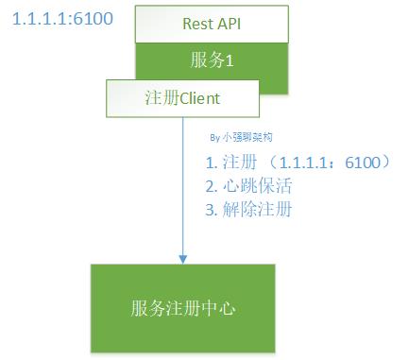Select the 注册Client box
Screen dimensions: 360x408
(x=180, y=96)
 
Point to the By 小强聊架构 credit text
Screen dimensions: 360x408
(x=242, y=138)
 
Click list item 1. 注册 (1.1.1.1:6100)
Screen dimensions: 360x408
(x=292, y=162)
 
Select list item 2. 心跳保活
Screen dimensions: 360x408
(x=247, y=185)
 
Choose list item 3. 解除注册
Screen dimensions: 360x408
(x=247, y=209)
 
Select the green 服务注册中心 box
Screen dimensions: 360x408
(x=182, y=309)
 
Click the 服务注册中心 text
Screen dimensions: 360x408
(x=182, y=309)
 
